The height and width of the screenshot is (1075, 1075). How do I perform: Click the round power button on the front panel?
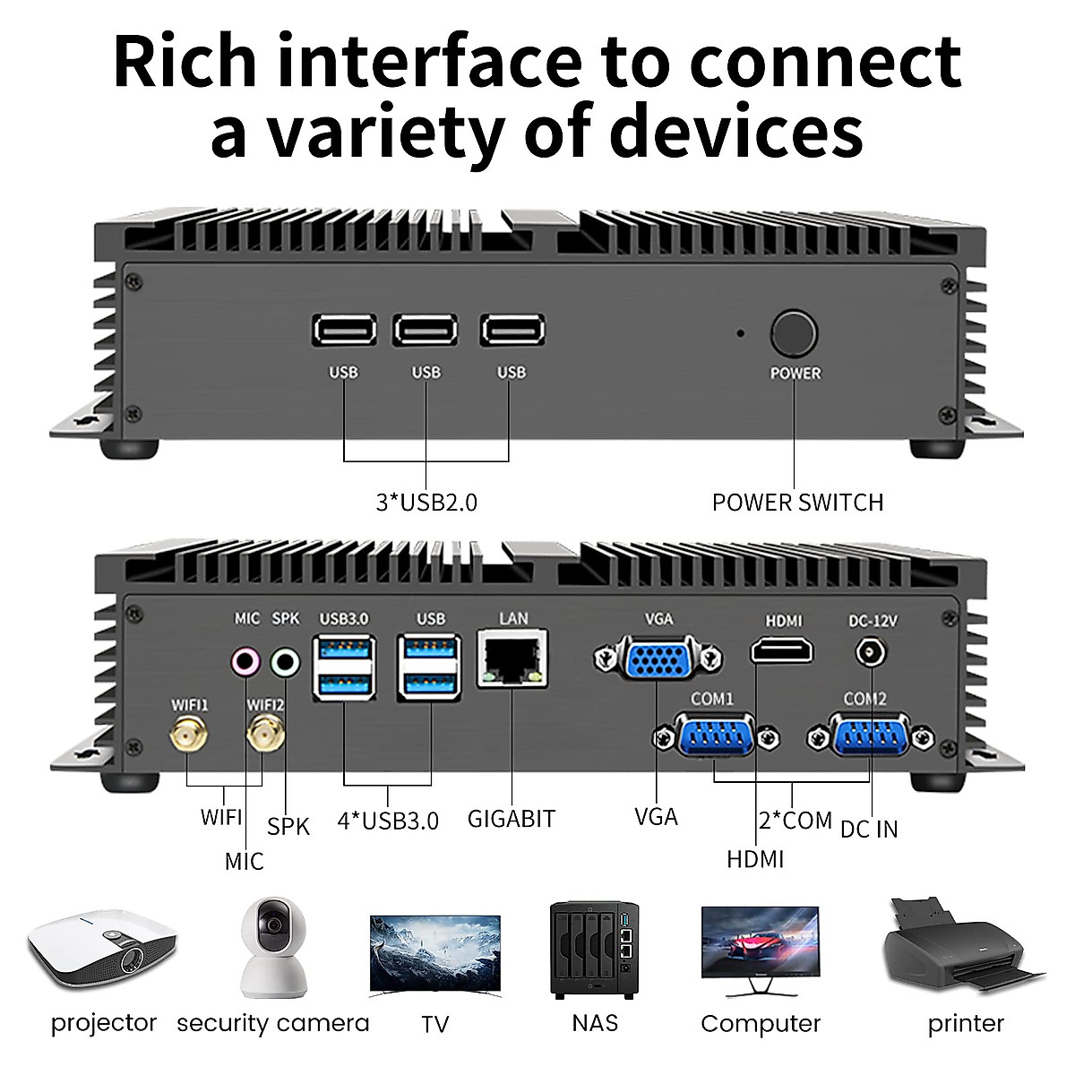tap(794, 334)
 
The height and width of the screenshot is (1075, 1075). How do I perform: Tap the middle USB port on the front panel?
tap(426, 331)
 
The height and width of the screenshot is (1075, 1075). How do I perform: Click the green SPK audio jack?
tap(285, 662)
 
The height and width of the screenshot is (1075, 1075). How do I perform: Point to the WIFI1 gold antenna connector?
tap(188, 736)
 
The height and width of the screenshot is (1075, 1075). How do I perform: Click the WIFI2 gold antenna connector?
tap(264, 736)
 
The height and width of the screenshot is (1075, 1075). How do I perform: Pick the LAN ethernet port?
tap(512, 659)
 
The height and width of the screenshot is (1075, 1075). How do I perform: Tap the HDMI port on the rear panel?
tap(782, 649)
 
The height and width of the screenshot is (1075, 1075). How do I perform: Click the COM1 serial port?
tap(714, 736)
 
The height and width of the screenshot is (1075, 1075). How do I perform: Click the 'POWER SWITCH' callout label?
tap(797, 503)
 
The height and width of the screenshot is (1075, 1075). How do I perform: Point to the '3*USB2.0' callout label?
tap(426, 503)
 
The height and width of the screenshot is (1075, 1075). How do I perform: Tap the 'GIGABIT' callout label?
tap(512, 819)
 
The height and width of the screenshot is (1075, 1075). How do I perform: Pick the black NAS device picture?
tap(595, 950)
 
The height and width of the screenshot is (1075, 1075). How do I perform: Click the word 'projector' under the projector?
tap(104, 1022)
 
